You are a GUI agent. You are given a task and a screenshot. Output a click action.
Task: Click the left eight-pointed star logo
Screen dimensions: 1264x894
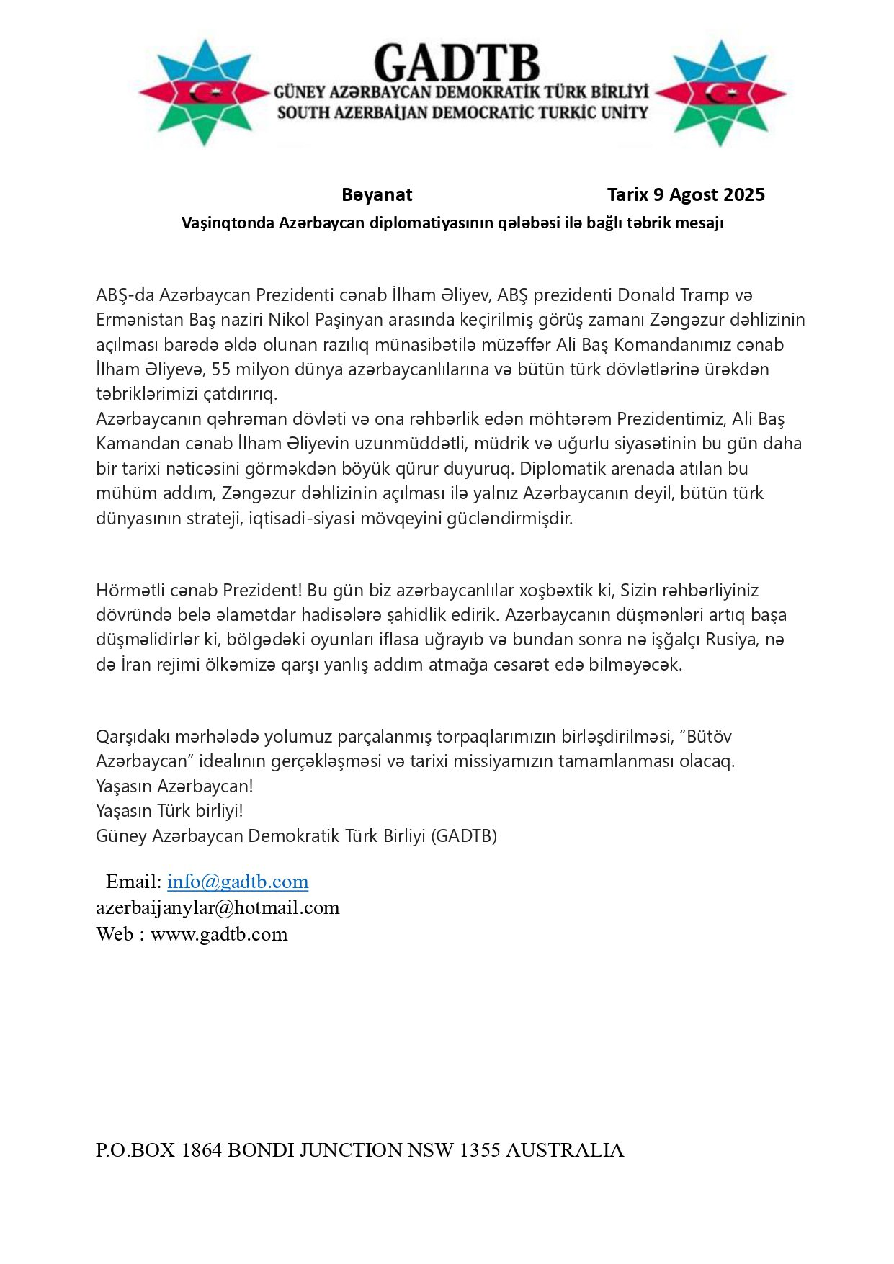pos(205,93)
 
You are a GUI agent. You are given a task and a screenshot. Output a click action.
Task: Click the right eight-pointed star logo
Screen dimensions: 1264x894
pos(720,93)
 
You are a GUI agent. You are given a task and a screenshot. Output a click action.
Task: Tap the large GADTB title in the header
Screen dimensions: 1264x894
pos(457,63)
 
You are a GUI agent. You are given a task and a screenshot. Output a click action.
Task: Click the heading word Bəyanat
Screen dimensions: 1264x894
pos(377,194)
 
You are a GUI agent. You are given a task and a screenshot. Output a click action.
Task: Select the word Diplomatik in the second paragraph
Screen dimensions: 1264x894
pos(558,468)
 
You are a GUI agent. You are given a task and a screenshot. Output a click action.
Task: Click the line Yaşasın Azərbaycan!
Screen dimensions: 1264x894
pos(174,786)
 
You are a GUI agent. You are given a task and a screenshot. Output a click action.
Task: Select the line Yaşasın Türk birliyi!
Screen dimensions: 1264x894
pos(169,810)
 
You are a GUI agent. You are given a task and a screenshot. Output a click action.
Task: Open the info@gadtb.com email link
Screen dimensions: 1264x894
pos(238,882)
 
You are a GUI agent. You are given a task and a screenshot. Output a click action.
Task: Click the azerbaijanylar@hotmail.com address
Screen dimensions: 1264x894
pos(218,907)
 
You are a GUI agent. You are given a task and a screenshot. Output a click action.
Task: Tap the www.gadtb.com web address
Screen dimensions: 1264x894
pos(219,934)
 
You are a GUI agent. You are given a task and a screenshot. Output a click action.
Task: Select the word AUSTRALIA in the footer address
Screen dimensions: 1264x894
pos(565,1150)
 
